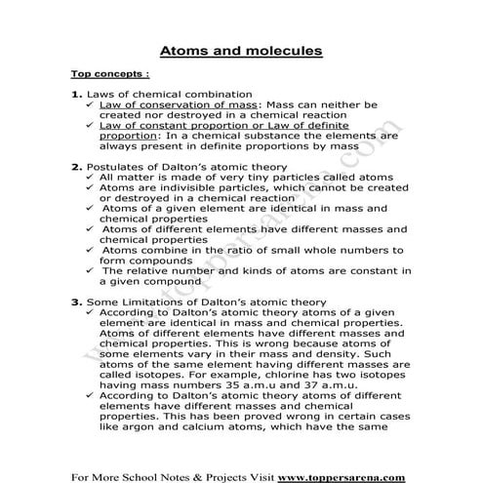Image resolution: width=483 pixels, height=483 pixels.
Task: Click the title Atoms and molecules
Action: tap(241, 49)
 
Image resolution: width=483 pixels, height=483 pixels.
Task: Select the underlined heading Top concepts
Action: tap(110, 74)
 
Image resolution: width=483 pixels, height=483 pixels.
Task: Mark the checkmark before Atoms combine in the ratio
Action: tap(90, 249)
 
